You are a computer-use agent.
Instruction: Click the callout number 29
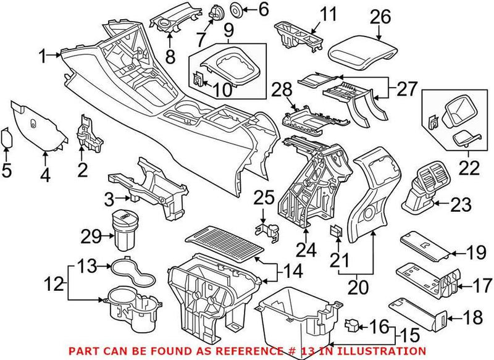point(93,236)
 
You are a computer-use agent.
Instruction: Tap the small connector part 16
point(353,324)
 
